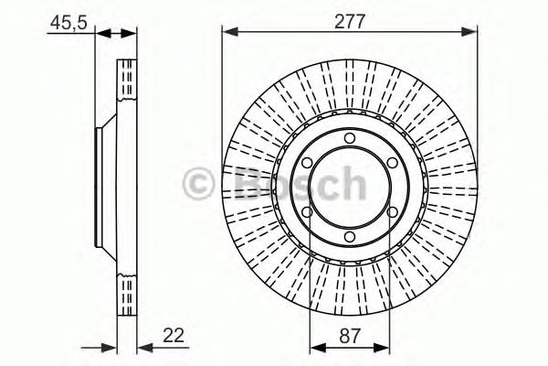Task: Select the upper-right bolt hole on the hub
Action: click(x=393, y=164)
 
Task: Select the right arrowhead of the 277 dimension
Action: click(x=472, y=33)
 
